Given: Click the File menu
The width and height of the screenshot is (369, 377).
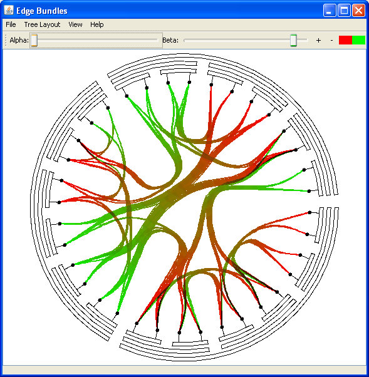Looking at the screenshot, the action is [x=11, y=24].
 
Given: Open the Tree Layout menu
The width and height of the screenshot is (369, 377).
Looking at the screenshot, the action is [x=42, y=24].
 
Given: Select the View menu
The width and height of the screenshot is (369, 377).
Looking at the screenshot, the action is [x=75, y=24].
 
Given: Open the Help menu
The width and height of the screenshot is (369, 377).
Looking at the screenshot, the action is [x=97, y=24].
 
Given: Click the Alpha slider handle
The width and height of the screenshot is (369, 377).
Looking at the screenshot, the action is [x=34, y=40].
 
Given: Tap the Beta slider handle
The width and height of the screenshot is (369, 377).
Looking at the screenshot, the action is [x=293, y=40].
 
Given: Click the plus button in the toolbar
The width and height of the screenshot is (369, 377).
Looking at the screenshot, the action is [x=318, y=40].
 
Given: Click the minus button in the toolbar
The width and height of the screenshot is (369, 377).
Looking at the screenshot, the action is [x=331, y=40].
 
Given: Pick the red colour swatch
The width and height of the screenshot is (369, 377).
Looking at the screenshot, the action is [x=345, y=40].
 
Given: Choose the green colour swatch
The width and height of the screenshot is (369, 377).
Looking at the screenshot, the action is [x=358, y=40].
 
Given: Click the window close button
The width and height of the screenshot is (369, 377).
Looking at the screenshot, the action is [x=358, y=11].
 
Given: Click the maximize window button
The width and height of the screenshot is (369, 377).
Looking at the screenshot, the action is [x=344, y=11].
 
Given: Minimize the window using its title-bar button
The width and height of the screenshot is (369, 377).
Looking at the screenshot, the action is [x=330, y=11].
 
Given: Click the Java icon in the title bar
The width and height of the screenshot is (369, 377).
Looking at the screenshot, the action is [x=9, y=11].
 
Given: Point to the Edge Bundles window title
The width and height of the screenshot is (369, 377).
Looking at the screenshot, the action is [x=42, y=11].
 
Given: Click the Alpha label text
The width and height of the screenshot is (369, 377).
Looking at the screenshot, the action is [x=19, y=40].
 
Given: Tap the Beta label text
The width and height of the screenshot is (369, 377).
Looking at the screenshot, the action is [x=170, y=40].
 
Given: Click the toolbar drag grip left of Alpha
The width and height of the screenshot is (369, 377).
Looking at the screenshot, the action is [x=6, y=40].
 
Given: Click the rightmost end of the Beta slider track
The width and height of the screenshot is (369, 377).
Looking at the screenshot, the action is [x=307, y=40].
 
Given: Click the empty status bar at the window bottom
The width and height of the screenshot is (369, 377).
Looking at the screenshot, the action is [x=184, y=369].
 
